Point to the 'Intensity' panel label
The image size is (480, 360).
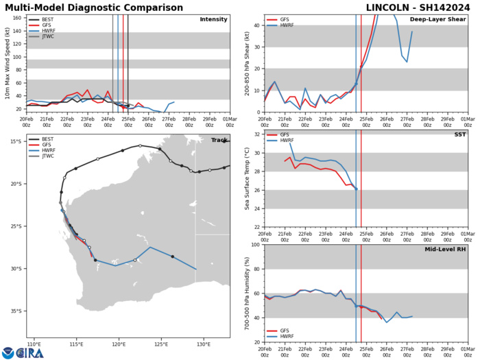(x=213, y=19)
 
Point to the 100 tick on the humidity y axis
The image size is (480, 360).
(x=254, y=245)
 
